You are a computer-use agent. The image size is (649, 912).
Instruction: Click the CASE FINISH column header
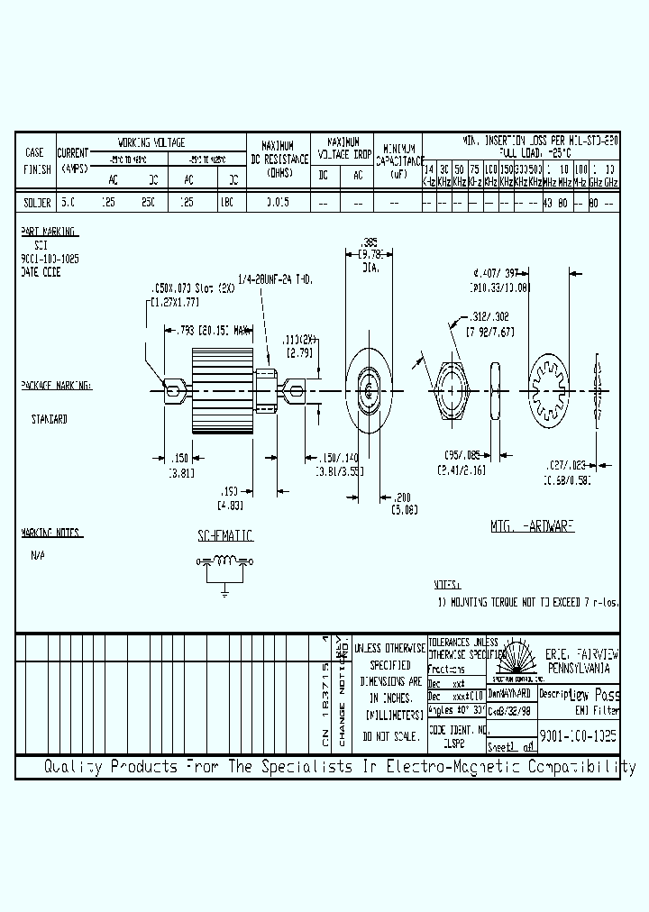click(x=34, y=160)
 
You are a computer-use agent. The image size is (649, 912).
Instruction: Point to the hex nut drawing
click(x=451, y=389)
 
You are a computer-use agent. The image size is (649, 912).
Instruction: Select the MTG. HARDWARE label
click(x=533, y=525)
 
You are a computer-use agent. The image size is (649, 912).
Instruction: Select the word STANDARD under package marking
click(x=49, y=419)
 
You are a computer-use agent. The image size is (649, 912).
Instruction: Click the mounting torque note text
click(x=528, y=601)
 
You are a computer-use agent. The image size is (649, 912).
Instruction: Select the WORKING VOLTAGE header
click(x=151, y=142)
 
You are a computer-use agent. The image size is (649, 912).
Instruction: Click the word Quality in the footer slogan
click(x=75, y=768)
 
